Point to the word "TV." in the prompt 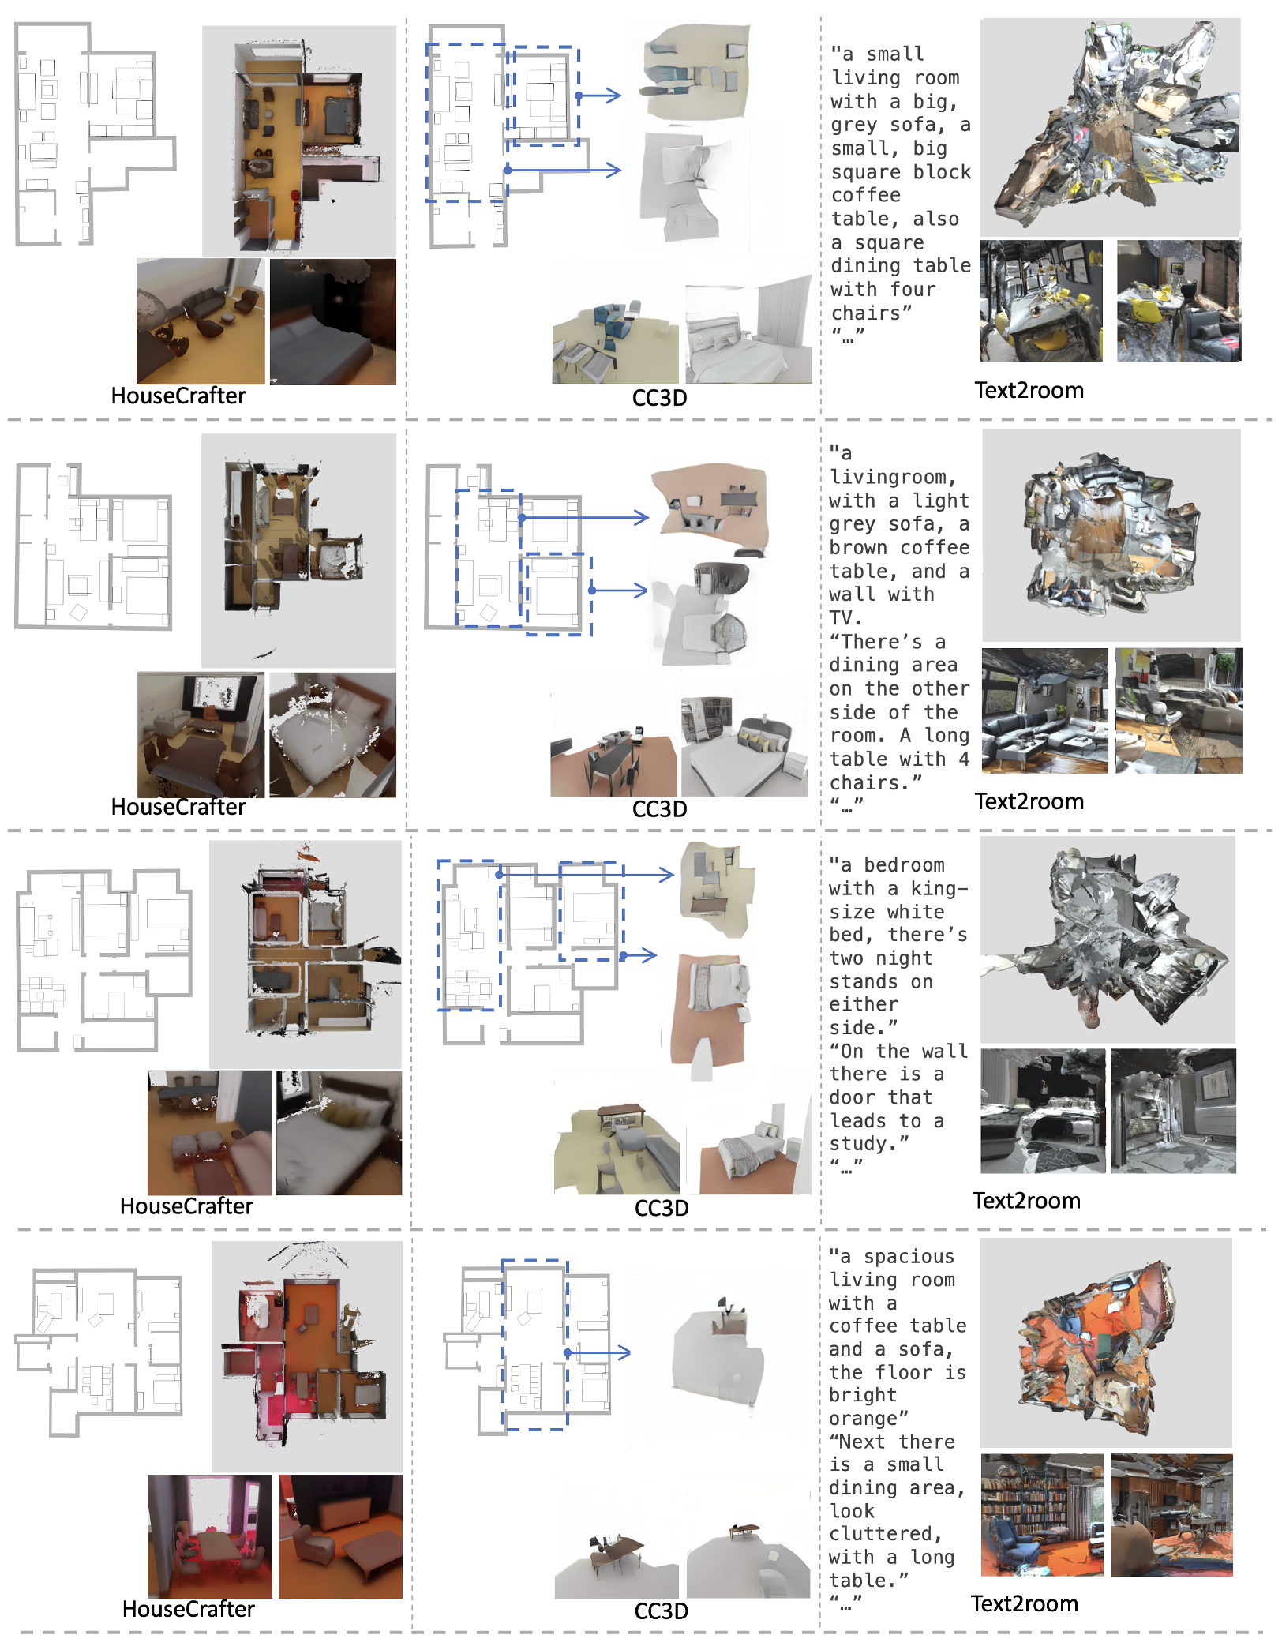tap(845, 617)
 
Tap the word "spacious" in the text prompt tap(909, 1257)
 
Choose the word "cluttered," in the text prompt tap(887, 1534)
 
